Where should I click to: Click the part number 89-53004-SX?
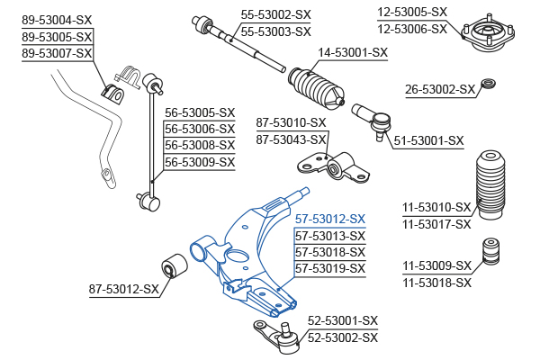56,19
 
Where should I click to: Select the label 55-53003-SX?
275,31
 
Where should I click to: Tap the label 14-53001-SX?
353,52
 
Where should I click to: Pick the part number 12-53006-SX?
411,29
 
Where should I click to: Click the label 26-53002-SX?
439,89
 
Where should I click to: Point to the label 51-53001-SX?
428,140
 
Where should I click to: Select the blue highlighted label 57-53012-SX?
330,219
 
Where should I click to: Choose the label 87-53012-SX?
123,289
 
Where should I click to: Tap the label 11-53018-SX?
436,283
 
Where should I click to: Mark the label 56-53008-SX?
199,146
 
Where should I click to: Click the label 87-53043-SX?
291,139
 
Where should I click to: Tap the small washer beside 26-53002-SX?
490,85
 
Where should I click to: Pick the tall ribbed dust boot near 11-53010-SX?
490,184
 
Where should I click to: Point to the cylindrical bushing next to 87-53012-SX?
173,267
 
